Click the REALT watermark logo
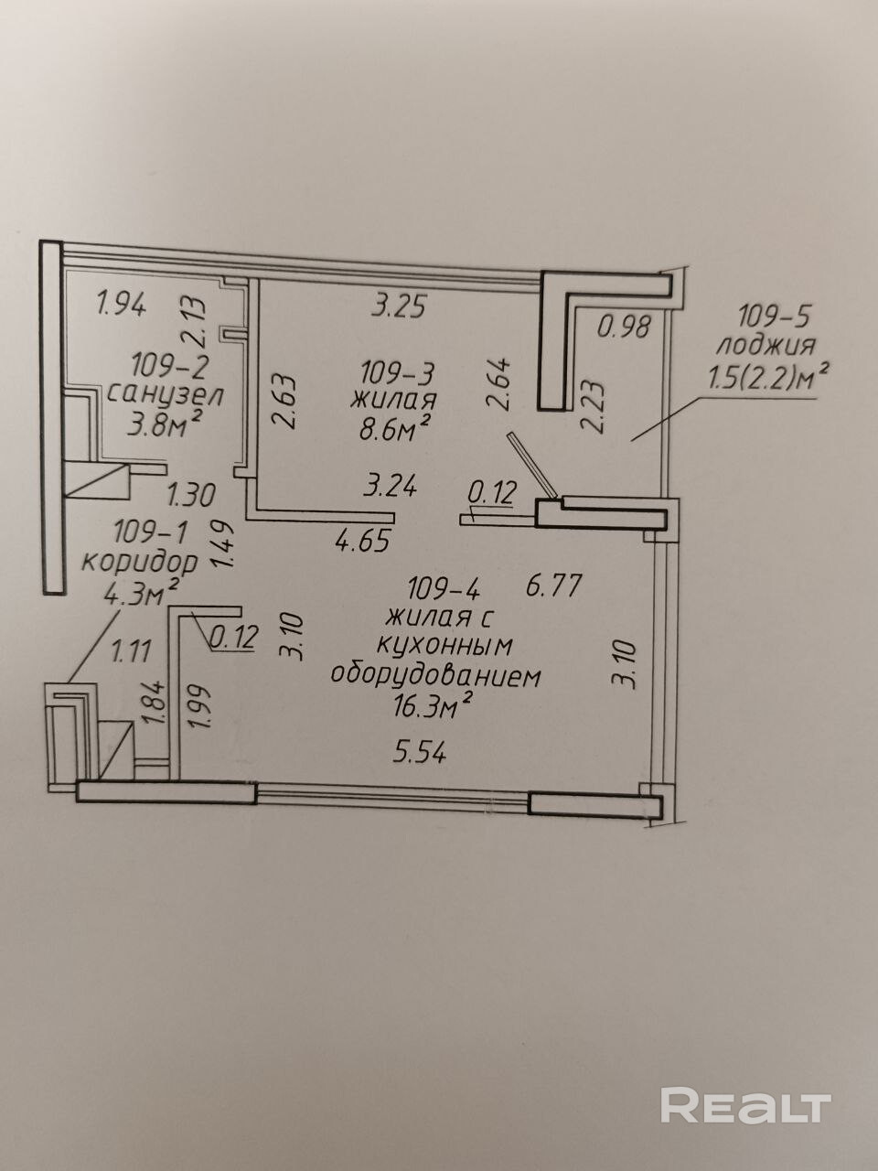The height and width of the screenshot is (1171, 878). [x=745, y=1105]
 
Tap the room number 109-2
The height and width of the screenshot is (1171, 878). [x=170, y=366]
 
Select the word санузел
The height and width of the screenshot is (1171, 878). [x=166, y=395]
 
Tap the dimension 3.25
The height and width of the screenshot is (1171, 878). [x=399, y=306]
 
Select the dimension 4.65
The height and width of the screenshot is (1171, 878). [x=363, y=541]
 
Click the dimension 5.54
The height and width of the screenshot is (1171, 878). [x=420, y=752]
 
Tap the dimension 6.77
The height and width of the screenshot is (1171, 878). [x=553, y=584]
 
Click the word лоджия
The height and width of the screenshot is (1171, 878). [x=766, y=346]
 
